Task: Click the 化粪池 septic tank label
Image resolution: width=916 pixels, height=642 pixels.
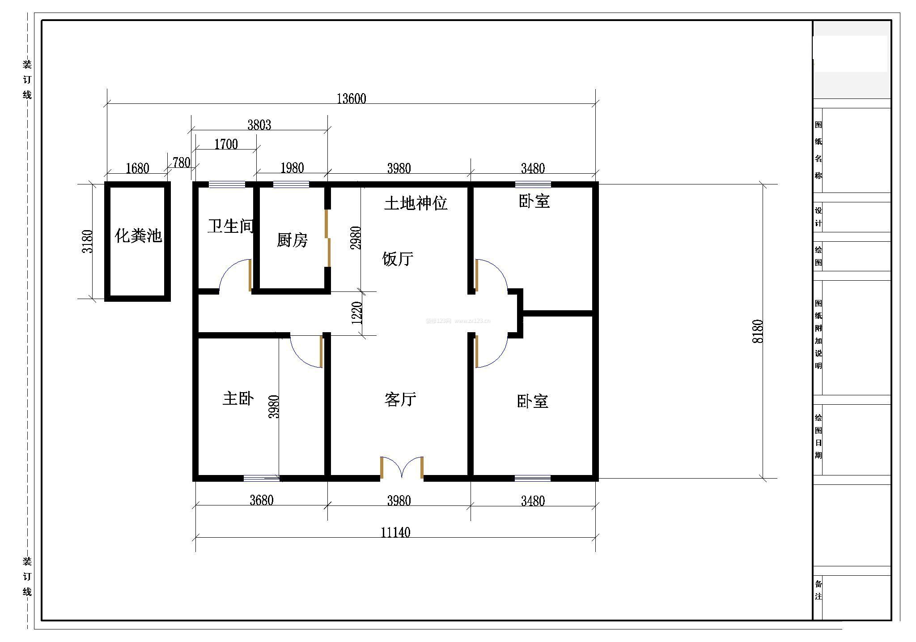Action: [x=138, y=236]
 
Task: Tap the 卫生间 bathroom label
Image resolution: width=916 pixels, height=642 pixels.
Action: [x=230, y=226]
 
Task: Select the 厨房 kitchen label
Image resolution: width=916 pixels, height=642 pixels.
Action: [x=292, y=240]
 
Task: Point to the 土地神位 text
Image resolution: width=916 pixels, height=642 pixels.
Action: [x=416, y=203]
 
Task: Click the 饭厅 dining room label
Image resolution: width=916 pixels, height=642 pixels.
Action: [x=398, y=259]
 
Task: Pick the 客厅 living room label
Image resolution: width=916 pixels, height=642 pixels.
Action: [x=400, y=399]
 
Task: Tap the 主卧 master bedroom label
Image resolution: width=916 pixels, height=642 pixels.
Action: [x=238, y=398]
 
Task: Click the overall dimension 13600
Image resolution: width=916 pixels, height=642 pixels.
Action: [x=351, y=98]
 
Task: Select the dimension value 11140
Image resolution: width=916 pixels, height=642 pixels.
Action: [x=395, y=532]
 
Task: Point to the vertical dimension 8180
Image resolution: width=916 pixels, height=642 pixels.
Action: [x=758, y=331]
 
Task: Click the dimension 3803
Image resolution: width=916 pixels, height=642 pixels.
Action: [x=259, y=125]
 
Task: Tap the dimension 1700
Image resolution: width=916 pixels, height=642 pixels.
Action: [x=226, y=144]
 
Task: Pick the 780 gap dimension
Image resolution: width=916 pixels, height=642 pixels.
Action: [x=181, y=163]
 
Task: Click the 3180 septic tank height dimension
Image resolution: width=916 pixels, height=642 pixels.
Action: [x=88, y=241]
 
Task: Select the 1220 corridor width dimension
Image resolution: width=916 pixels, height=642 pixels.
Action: [x=357, y=313]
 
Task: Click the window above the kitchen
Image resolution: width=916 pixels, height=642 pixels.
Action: [x=291, y=184]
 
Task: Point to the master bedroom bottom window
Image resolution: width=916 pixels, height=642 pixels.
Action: [x=262, y=478]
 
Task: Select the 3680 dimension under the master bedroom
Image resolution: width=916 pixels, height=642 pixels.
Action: [x=261, y=500]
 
